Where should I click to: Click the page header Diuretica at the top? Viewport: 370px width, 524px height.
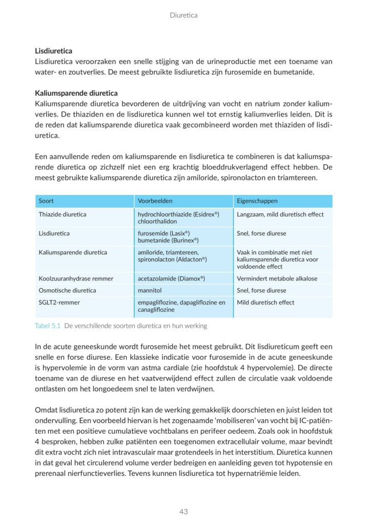pyautogui.click(x=183, y=15)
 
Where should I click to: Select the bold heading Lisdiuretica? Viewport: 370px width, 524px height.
pyautogui.click(x=53, y=51)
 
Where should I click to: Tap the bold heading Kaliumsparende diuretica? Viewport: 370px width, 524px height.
pyautogui.click(x=76, y=93)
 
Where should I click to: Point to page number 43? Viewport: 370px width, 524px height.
pyautogui.click(x=184, y=511)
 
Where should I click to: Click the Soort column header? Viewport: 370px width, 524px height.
pyautogui.click(x=46, y=201)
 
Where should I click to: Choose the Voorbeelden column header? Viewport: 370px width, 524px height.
pyautogui.click(x=155, y=201)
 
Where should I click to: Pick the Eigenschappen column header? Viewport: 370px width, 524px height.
pyautogui.click(x=257, y=201)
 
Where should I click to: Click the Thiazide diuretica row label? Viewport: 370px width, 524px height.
pyautogui.click(x=63, y=214)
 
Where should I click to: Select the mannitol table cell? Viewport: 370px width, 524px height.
pyautogui.click(x=149, y=290)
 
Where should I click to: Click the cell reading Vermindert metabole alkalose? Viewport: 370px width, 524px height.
pyautogui.click(x=277, y=278)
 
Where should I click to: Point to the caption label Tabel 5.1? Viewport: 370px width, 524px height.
pyautogui.click(x=48, y=326)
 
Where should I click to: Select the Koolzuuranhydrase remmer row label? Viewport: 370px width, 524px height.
pyautogui.click(x=76, y=278)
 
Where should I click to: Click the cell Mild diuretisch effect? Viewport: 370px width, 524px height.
pyautogui.click(x=265, y=302)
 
